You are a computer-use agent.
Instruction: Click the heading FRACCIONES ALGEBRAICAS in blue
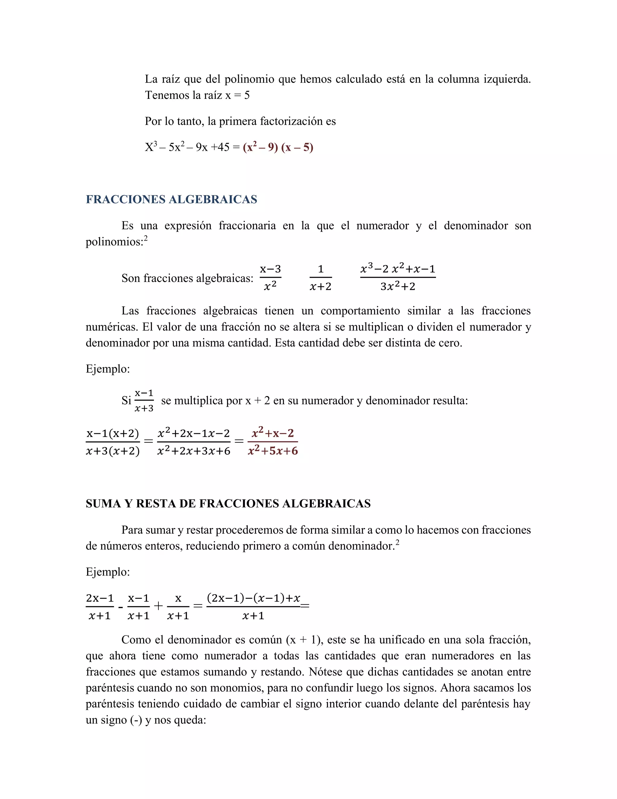[x=171, y=199]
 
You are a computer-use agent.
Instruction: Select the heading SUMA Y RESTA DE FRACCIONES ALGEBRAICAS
[x=228, y=504]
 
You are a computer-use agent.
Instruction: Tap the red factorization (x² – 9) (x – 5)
[x=278, y=147]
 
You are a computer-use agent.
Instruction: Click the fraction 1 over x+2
[x=321, y=278]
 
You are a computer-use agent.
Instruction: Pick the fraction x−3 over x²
[x=270, y=278]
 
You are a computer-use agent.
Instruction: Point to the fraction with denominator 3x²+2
[x=398, y=278]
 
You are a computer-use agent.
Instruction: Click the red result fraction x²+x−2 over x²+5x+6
[x=273, y=442]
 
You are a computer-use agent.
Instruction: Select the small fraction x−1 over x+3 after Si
[x=144, y=401]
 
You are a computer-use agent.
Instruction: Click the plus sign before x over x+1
[x=158, y=606]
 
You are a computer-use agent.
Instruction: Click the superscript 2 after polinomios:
[x=146, y=238]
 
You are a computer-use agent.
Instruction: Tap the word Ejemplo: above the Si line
[x=108, y=369]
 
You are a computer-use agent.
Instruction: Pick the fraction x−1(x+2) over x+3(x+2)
[x=113, y=442]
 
